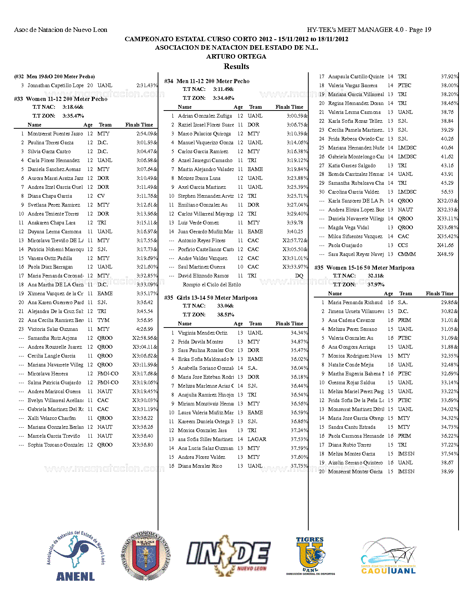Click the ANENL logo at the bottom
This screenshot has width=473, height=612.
point(76,556)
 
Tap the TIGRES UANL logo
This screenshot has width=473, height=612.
point(310,556)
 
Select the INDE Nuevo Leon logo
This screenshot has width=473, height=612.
point(228,555)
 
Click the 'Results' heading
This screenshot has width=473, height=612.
point(236,66)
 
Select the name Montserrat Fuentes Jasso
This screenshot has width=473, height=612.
point(55,134)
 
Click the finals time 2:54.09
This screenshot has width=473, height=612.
point(145,134)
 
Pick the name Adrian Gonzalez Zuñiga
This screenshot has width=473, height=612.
point(205,116)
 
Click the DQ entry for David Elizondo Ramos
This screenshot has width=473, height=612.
point(299,276)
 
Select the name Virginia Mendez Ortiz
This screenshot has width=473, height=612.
point(203,333)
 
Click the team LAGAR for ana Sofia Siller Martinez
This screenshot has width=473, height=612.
point(257,439)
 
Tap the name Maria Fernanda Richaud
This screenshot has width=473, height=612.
point(355,302)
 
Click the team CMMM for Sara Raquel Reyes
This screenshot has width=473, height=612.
point(407,254)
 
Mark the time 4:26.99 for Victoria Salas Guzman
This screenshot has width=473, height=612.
point(145,329)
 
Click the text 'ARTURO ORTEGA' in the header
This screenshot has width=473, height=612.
point(236,56)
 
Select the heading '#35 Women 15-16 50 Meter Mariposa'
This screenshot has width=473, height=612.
point(364,267)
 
